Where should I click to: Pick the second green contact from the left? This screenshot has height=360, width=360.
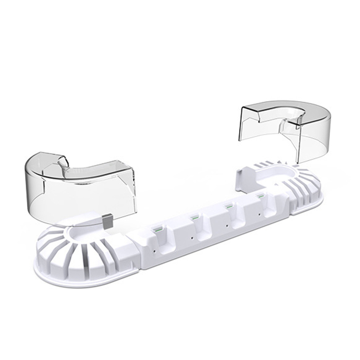pos(195,218)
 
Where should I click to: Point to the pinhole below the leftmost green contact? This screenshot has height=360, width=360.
pos(156,247)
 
